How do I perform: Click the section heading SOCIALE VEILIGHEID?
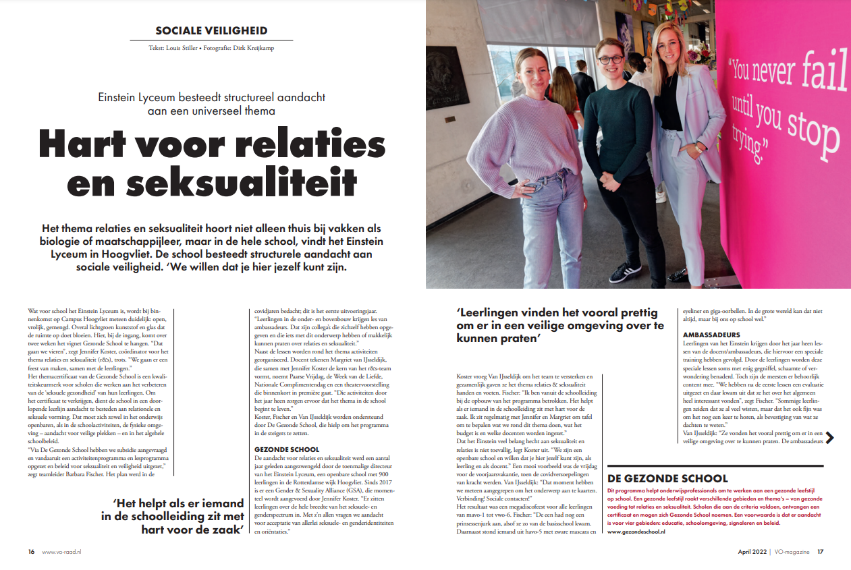pos(211,30)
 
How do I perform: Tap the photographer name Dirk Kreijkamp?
pos(254,49)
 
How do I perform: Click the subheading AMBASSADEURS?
pos(712,335)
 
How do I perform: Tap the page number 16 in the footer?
pos(32,551)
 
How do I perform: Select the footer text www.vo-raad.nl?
pos(62,551)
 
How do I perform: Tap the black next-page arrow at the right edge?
pos(829,437)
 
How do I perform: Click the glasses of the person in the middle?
pos(609,60)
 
